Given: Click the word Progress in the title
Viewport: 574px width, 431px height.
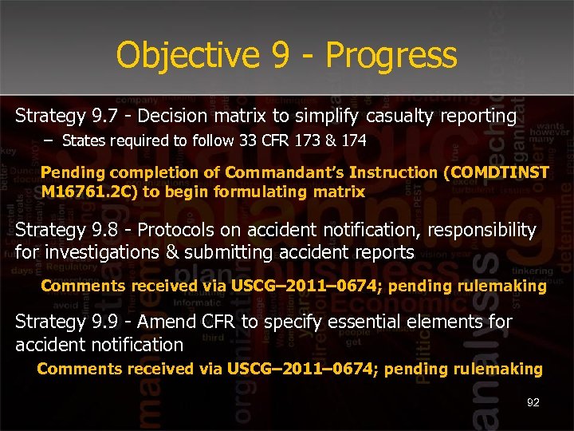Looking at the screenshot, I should pyautogui.click(x=391, y=56).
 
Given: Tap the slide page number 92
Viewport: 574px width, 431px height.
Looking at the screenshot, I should pyautogui.click(x=533, y=403).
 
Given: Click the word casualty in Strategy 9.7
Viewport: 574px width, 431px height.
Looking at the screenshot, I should pyautogui.click(x=401, y=117).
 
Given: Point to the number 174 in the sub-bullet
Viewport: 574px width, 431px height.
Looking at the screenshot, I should pyautogui.click(x=352, y=141).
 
